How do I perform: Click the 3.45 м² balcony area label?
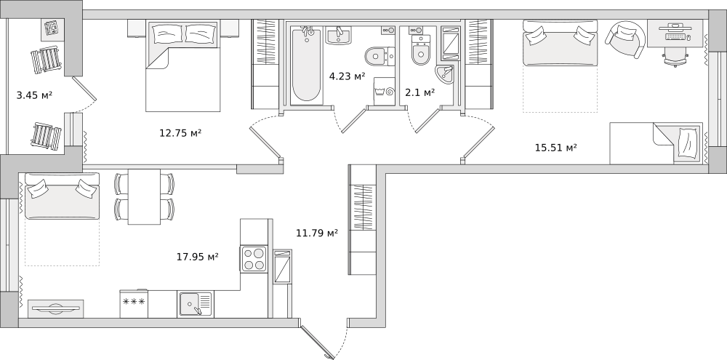(x=34, y=95)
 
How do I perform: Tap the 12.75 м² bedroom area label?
(x=180, y=133)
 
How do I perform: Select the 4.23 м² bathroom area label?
(x=347, y=76)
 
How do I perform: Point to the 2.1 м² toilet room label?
(x=420, y=92)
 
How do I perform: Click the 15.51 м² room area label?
(x=556, y=148)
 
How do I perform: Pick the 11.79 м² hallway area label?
(x=317, y=233)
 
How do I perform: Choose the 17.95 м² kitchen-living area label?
(x=198, y=257)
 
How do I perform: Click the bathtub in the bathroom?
(x=306, y=65)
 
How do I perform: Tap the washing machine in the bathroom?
(x=385, y=92)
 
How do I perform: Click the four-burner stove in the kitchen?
(x=254, y=259)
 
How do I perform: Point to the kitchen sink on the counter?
(x=195, y=304)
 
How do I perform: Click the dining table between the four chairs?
(x=144, y=196)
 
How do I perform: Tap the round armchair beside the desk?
(x=625, y=39)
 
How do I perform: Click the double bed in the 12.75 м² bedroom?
(x=182, y=66)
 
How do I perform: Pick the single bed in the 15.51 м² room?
(x=656, y=143)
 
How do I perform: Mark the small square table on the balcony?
(x=52, y=29)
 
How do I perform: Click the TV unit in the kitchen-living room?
(x=56, y=308)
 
